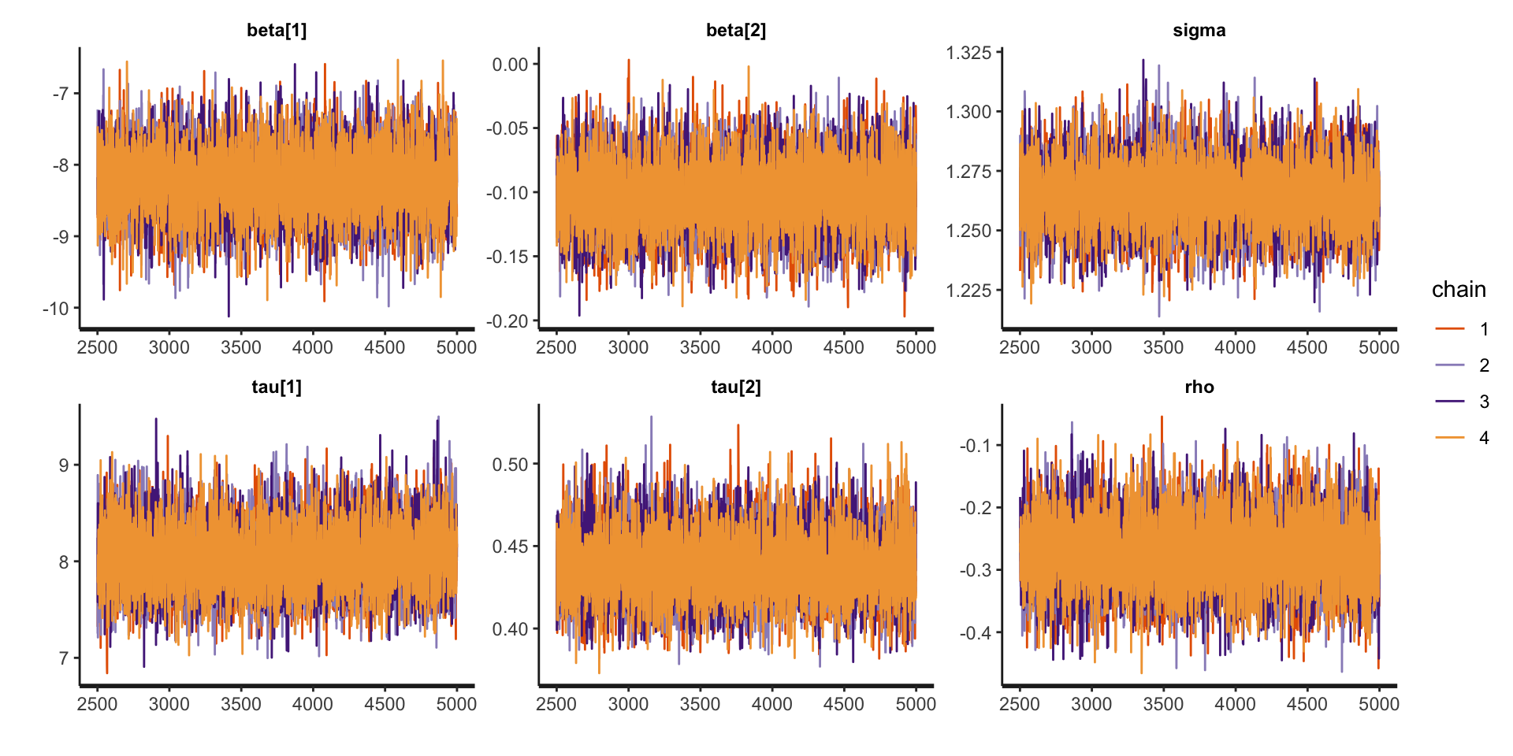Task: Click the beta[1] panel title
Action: [x=277, y=31]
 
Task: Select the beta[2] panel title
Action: [x=736, y=31]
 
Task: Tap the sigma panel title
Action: [x=1199, y=31]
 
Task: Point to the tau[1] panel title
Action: [x=277, y=387]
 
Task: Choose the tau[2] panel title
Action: [x=736, y=387]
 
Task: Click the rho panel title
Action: [x=1199, y=387]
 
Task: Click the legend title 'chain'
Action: [x=1459, y=290]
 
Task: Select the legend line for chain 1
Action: [x=1450, y=328]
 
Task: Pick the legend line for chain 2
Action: [x=1450, y=365]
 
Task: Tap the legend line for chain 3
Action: [x=1450, y=401]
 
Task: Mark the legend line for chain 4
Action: [x=1450, y=437]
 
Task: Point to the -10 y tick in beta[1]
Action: [x=56, y=309]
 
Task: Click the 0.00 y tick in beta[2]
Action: [x=510, y=65]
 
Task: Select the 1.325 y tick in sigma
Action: [x=968, y=53]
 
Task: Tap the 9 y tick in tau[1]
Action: [x=64, y=465]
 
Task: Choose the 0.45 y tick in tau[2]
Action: [x=510, y=547]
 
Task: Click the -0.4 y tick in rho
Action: [x=976, y=633]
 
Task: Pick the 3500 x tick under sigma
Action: [x=1163, y=347]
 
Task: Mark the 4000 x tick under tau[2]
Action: [x=771, y=704]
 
